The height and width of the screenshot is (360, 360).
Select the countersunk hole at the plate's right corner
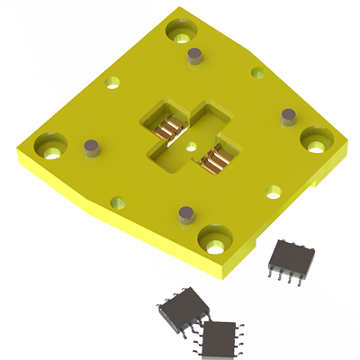tap(315, 139)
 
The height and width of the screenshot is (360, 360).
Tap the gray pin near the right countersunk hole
tap(289, 116)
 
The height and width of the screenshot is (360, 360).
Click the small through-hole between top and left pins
tap(112, 82)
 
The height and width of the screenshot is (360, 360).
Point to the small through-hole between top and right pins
tap(258, 73)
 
